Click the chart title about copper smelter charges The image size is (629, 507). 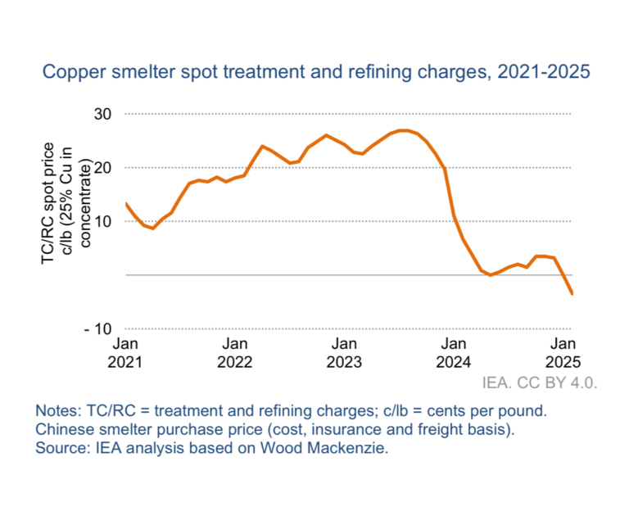tap(316, 72)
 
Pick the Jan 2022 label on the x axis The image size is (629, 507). tap(236, 351)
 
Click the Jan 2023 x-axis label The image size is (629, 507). tap(345, 351)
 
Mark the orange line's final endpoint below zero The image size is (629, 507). tap(572, 294)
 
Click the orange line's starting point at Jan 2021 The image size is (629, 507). tap(126, 203)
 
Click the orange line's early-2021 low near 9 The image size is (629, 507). tap(153, 229)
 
